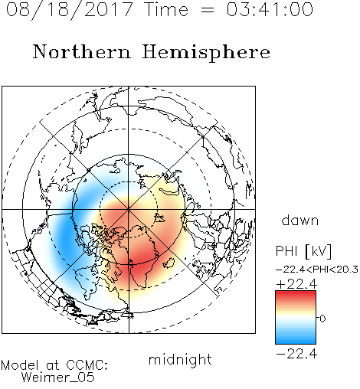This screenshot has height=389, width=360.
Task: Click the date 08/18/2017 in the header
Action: (70, 10)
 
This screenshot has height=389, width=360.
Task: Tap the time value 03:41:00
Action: (270, 9)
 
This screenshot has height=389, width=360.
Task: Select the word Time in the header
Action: (166, 9)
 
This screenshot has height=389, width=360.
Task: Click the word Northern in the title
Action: (82, 52)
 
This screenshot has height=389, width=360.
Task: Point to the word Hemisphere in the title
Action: (206, 53)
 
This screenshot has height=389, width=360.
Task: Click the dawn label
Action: (300, 220)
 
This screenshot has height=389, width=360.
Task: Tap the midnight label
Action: (180, 359)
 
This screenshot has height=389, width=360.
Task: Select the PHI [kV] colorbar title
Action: (304, 251)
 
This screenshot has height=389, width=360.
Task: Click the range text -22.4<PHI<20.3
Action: (317, 270)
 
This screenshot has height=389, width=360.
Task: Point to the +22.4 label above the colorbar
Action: (296, 284)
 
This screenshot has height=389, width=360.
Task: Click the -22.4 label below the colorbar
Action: (296, 354)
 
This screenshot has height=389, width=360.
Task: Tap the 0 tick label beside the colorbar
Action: (322, 319)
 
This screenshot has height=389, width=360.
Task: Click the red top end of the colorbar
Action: (296, 293)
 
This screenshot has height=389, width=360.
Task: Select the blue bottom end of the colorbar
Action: (296, 341)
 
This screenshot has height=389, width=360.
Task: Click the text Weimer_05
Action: (58, 378)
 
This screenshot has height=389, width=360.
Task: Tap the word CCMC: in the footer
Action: (87, 365)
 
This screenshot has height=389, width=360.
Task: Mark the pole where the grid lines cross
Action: (129, 209)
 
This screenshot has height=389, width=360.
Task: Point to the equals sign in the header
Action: (208, 10)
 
